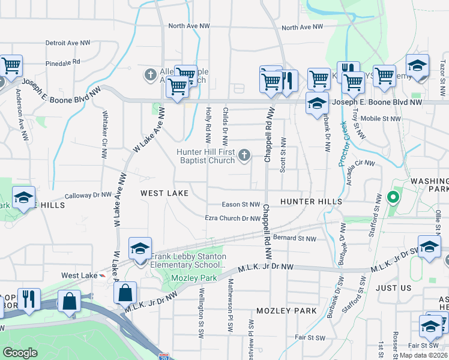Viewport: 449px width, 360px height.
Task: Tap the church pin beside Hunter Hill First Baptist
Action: tap(244, 156)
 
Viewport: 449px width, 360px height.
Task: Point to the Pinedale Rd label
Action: tap(62, 62)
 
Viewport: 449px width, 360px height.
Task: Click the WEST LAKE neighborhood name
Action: tap(164, 193)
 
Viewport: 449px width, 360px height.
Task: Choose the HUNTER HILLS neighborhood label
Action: tap(311, 202)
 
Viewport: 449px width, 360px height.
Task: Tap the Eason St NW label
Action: tap(240, 205)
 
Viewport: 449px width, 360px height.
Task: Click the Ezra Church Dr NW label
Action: tap(232, 218)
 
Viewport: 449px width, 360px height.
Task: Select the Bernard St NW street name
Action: tap(294, 238)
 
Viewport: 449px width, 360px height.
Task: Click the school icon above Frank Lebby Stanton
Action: tap(140, 249)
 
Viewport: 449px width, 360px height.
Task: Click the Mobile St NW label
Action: tap(381, 119)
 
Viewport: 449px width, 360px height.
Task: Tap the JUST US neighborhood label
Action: tap(393, 288)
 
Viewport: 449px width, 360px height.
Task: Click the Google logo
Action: tap(20, 353)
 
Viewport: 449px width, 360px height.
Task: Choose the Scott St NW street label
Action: tap(282, 154)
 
